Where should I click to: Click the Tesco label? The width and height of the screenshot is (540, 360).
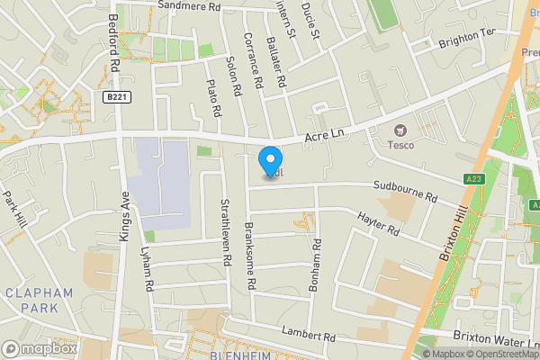coord(400,145)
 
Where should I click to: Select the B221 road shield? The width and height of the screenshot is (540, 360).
coord(113,97)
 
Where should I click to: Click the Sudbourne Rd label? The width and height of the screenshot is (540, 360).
coord(406,192)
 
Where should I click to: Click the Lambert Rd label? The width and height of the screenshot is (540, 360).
coord(308,333)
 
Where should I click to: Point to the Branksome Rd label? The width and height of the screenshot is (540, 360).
coord(251,256)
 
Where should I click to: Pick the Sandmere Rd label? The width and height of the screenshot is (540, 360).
coord(189,6)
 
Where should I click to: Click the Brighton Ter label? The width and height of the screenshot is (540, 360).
coord(467,37)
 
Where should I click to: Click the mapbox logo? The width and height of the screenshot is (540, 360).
coord(39,348)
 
